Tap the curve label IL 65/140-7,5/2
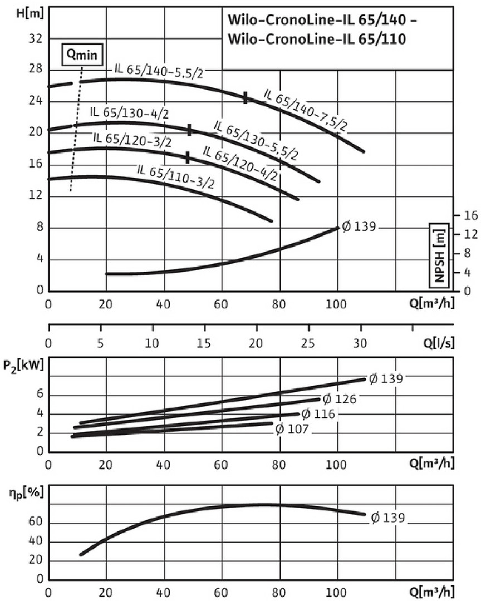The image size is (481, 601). click(x=305, y=110)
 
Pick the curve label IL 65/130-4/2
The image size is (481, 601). click(x=130, y=112)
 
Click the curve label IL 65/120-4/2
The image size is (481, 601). click(x=239, y=163)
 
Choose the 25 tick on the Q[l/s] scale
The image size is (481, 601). click(x=308, y=343)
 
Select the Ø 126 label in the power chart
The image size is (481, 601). click(x=340, y=398)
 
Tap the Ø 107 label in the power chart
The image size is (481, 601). click(x=292, y=429)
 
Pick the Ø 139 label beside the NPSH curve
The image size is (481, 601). click(x=359, y=226)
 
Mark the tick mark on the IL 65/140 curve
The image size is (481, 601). click(x=246, y=97)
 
